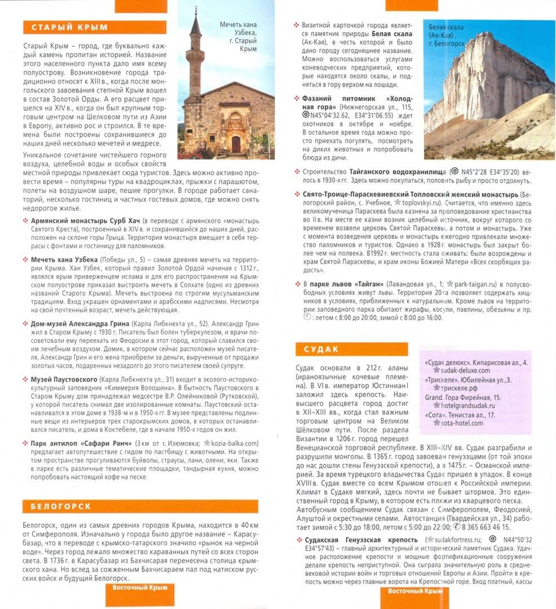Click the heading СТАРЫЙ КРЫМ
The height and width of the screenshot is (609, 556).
click(x=69, y=28)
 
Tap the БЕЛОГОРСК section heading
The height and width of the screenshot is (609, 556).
click(x=61, y=506)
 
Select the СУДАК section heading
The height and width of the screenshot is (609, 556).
click(x=321, y=349)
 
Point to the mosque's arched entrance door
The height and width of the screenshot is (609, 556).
click(x=236, y=144)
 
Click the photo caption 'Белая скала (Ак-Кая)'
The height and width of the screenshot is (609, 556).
click(x=445, y=35)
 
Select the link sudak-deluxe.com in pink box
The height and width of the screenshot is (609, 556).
click(x=465, y=370)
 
